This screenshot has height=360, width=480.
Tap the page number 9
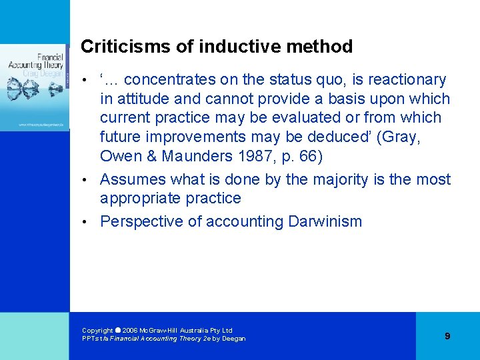(447, 336)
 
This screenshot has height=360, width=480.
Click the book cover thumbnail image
(35, 87)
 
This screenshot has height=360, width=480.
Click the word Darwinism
(325, 222)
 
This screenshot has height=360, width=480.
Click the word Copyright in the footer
(97, 331)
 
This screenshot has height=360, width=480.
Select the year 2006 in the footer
(131, 331)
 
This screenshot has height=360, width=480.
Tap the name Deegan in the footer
(233, 339)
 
